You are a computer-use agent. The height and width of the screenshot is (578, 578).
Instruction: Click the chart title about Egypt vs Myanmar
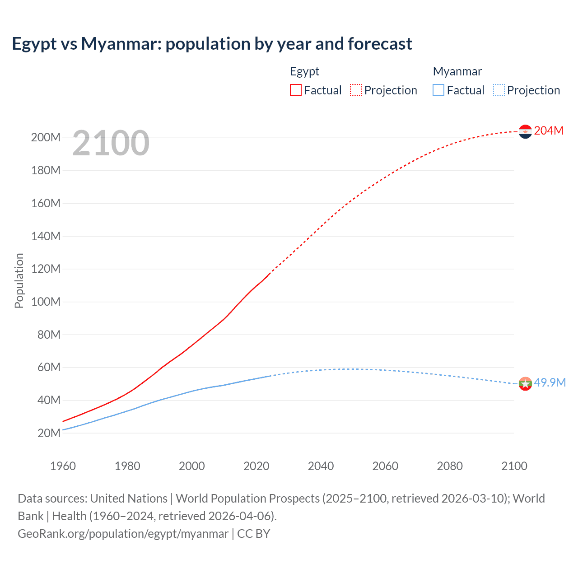pyautogui.click(x=212, y=44)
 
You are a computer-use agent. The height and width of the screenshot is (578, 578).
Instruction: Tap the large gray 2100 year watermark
pyautogui.click(x=111, y=143)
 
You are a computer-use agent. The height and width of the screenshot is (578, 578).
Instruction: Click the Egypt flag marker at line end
pyautogui.click(x=525, y=131)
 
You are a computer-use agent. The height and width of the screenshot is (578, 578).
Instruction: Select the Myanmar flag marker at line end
pyautogui.click(x=525, y=384)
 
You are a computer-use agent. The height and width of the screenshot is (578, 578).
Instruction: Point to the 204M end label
pyautogui.click(x=549, y=131)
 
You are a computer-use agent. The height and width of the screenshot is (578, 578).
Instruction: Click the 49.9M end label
pyautogui.click(x=550, y=382)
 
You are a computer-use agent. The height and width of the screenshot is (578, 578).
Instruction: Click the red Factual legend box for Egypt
pyautogui.click(x=295, y=90)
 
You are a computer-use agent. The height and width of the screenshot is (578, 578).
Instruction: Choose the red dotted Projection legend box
pyautogui.click(x=356, y=90)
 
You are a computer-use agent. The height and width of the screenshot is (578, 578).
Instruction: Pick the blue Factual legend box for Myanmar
pyautogui.click(x=438, y=90)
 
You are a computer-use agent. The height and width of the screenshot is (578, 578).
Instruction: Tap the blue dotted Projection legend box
pyautogui.click(x=499, y=90)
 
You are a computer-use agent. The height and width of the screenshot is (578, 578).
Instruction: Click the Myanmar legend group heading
pyautogui.click(x=457, y=71)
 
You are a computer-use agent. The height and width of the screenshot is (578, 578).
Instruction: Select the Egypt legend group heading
pyautogui.click(x=304, y=71)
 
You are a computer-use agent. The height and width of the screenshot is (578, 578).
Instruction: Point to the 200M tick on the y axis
pyautogui.click(x=46, y=137)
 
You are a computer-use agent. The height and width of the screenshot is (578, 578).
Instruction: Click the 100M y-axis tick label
pyautogui.click(x=46, y=302)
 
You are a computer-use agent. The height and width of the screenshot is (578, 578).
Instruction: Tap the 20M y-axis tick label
pyautogui.click(x=49, y=433)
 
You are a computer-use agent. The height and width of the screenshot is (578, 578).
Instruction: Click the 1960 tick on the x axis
pyautogui.click(x=63, y=466)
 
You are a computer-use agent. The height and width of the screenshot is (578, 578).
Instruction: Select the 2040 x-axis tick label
pyautogui.click(x=321, y=466)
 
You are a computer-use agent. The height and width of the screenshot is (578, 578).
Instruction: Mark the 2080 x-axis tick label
pyautogui.click(x=450, y=466)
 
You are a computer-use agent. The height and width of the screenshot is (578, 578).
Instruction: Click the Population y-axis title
pyautogui.click(x=19, y=280)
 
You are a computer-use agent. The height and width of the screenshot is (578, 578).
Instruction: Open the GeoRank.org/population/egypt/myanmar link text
pyautogui.click(x=123, y=534)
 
